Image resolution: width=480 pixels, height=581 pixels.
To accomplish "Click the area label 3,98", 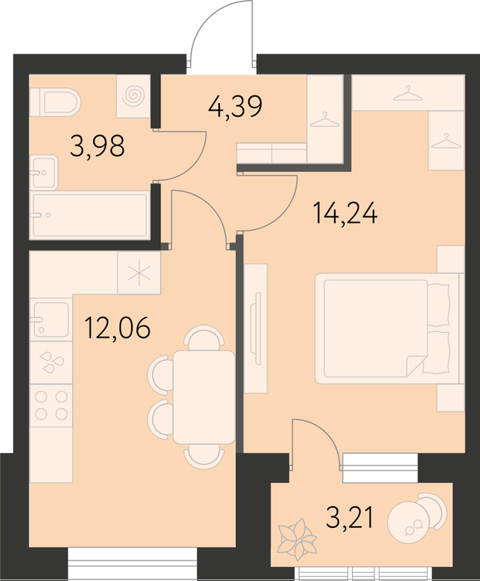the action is tap(97, 146).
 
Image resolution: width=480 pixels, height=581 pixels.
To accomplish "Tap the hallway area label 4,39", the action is tap(235, 106).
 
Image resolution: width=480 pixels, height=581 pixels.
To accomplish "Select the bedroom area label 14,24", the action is tap(345, 213).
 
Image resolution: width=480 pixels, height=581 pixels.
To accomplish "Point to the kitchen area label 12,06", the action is tap(117, 328).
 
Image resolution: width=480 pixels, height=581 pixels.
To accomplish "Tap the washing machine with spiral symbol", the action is tap(134, 96).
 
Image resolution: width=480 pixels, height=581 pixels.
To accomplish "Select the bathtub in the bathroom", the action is tap(90, 215).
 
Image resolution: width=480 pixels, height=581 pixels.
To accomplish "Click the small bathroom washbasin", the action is tap(44, 173).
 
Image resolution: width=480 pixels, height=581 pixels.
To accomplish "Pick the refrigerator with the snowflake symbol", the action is tap(139, 273).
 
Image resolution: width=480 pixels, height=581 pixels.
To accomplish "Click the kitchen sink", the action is tap(51, 320).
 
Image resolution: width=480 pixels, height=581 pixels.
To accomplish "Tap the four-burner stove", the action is tap(51, 405).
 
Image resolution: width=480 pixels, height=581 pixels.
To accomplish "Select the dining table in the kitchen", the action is tap(203, 398).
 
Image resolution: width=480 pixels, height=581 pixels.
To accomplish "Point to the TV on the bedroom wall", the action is tap(257, 328).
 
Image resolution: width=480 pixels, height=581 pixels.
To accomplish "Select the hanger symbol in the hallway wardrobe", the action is tap(325, 120).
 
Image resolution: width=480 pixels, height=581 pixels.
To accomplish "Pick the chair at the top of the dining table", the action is tap(204, 337).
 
